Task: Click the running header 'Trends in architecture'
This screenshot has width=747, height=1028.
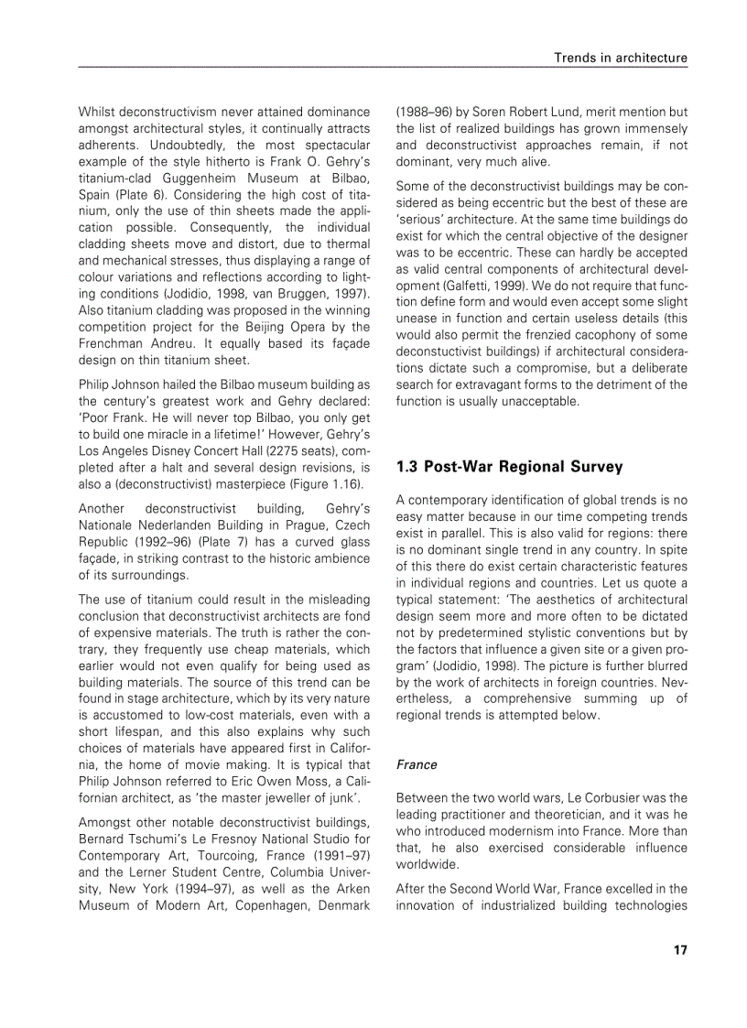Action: click(x=620, y=58)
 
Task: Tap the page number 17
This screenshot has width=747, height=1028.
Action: click(x=679, y=949)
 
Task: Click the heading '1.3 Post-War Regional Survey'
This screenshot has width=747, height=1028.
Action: click(x=509, y=467)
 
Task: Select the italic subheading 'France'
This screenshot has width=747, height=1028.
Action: click(x=417, y=764)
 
